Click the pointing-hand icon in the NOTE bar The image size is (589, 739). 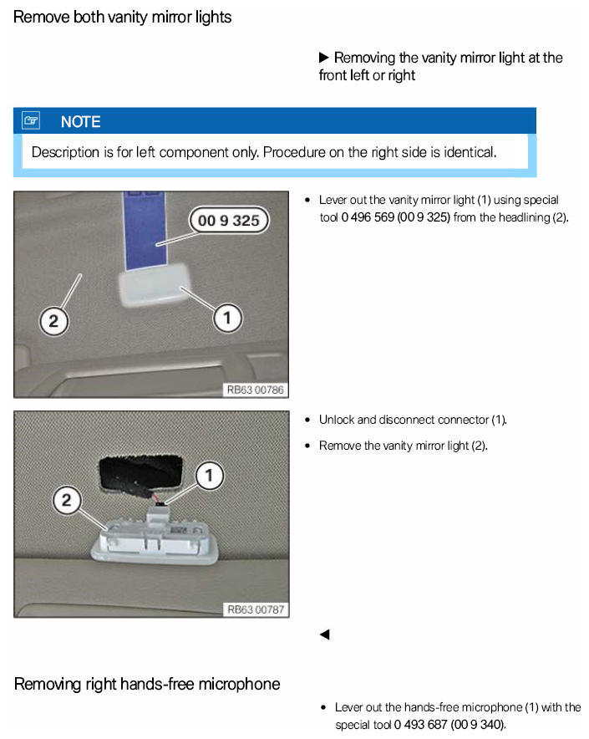pyautogui.click(x=31, y=120)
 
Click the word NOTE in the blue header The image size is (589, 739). pyautogui.click(x=80, y=122)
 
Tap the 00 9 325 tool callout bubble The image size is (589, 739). pyautogui.click(x=229, y=220)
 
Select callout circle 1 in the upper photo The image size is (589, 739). pyautogui.click(x=227, y=319)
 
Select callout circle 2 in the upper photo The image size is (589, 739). pyautogui.click(x=53, y=321)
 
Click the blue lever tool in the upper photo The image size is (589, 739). pyautogui.click(x=145, y=231)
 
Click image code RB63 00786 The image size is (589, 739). pyautogui.click(x=256, y=390)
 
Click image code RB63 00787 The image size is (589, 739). pyautogui.click(x=256, y=609)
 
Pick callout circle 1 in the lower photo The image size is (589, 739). pyautogui.click(x=209, y=476)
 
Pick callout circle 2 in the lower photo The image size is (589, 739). pyautogui.click(x=67, y=500)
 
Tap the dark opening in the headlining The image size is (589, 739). pyautogui.click(x=140, y=473)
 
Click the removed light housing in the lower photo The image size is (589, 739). pyautogui.click(x=155, y=538)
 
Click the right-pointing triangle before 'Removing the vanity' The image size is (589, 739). pyautogui.click(x=323, y=58)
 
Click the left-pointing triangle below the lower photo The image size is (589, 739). pyautogui.click(x=324, y=635)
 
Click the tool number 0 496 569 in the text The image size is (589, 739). pyautogui.click(x=368, y=217)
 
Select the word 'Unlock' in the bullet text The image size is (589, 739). pyautogui.click(x=337, y=420)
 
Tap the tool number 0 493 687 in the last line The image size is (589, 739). pyautogui.click(x=420, y=725)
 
